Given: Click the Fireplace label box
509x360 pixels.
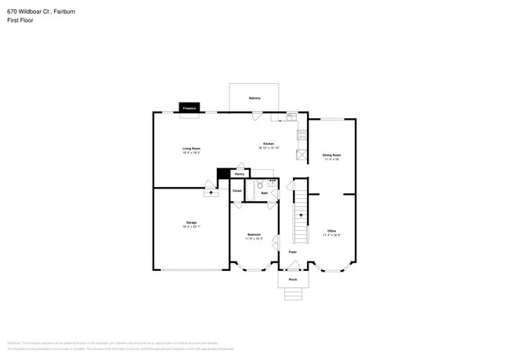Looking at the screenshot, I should [188, 109].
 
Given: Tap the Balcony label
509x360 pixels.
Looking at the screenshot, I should [254, 98].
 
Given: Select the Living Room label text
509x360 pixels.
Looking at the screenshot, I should [192, 149].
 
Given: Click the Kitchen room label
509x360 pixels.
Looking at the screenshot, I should [269, 146].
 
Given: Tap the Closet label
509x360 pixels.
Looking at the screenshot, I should [237, 191].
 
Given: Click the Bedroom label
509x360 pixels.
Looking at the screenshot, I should [254, 236].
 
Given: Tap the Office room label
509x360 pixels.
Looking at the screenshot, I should [332, 232].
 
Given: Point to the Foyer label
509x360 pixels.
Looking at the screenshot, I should [292, 253].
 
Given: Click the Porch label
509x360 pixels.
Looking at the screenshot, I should [292, 279].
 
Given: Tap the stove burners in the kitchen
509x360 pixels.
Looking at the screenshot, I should [301, 134].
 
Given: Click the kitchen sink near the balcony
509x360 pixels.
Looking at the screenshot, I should [289, 117].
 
